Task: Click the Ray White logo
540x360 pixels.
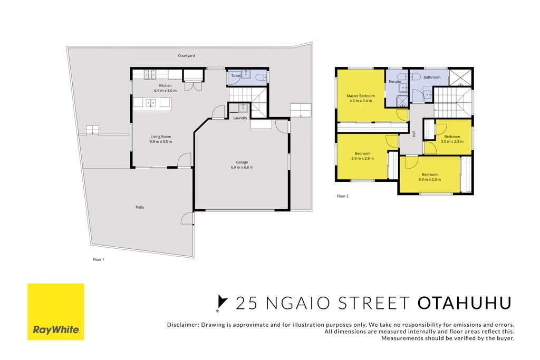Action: point(56,312)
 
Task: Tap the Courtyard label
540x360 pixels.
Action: point(186,55)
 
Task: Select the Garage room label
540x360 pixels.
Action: point(242,162)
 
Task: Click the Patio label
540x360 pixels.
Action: point(140,207)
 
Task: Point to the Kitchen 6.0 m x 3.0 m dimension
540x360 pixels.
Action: point(165,91)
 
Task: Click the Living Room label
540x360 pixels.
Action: point(161,137)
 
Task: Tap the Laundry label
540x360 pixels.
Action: point(240,118)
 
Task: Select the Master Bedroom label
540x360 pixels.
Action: point(361,96)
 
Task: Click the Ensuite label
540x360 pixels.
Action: point(394,82)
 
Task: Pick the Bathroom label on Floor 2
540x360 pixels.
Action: point(432,77)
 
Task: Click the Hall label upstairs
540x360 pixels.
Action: point(414,133)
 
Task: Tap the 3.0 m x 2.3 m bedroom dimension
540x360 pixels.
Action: point(452,141)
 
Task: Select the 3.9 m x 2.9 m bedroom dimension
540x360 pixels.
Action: point(363,159)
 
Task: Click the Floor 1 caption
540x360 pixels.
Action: point(98,259)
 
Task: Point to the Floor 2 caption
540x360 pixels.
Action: point(343,196)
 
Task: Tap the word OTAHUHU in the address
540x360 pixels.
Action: point(464,303)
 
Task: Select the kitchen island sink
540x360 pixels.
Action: point(150,103)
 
